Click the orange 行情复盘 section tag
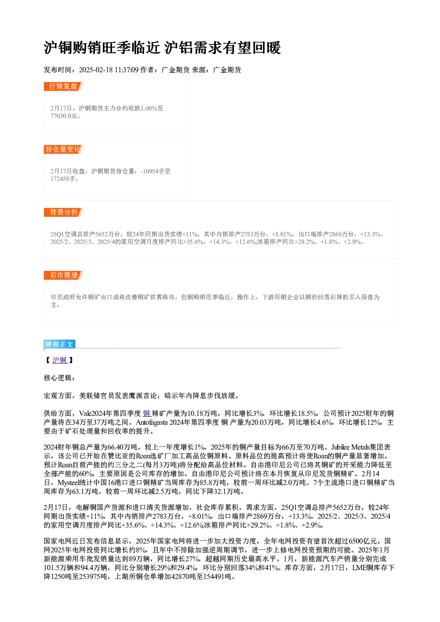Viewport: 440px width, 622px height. [63, 86]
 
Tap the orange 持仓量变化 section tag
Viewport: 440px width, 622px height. [63, 149]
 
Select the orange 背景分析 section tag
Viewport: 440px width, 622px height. [63, 212]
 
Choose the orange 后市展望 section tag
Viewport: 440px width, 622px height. [63, 275]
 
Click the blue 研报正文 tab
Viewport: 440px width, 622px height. [59, 344]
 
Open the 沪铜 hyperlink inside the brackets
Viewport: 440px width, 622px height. [60, 360]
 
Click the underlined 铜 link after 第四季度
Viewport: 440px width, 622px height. [147, 414]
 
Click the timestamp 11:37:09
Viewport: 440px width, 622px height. [126, 70]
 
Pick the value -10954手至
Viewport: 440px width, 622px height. [156, 171]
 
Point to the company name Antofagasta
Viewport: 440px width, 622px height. [152, 422]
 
